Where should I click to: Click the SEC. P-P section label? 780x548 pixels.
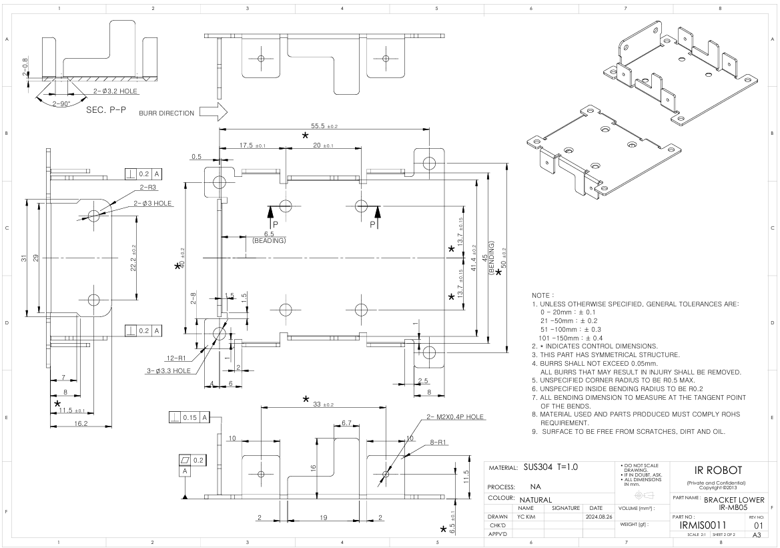tap(105, 109)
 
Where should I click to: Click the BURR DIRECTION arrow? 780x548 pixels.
tap(215, 113)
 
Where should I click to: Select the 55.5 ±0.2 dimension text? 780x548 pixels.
tap(324, 126)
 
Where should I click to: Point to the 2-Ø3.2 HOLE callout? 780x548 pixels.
tap(115, 91)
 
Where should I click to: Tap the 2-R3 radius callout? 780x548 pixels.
tap(147, 187)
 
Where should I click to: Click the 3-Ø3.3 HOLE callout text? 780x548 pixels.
tap(169, 371)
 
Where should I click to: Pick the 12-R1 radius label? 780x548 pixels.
tap(176, 358)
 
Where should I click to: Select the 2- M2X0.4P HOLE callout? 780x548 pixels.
tap(454, 417)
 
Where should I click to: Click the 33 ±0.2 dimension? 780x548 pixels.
tap(324, 404)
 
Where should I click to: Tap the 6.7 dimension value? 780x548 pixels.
tap(346, 423)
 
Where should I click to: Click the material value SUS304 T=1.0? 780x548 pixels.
tap(550, 467)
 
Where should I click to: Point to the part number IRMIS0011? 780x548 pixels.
tap(703, 525)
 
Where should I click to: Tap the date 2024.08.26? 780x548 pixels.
tap(596, 517)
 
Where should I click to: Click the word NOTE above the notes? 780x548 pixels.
tap(540, 296)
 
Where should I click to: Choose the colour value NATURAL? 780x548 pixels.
tap(536, 500)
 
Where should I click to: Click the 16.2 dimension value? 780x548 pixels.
tap(81, 423)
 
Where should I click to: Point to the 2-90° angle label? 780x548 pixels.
tap(61, 104)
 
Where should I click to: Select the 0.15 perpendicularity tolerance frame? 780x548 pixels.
tap(189, 418)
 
